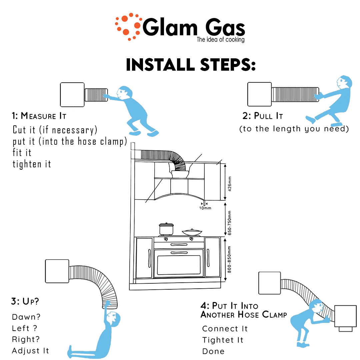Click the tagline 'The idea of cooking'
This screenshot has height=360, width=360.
pos(220,40)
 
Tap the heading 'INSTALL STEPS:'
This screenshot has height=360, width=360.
pos(191,65)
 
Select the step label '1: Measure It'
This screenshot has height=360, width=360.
pos(39,116)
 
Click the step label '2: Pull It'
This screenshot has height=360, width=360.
pos(263,116)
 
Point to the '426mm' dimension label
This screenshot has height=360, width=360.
pos(230,183)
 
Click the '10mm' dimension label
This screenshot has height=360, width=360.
pos(204,208)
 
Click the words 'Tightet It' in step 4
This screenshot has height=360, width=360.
pos(223,340)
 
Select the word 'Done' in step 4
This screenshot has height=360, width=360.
pos(213,351)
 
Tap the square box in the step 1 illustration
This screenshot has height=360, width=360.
pos(72,95)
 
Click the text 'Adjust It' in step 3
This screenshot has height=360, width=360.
pos(30,351)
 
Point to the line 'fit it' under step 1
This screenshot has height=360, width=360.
pos(22,153)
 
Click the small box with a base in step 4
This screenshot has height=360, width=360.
pos(345,317)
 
